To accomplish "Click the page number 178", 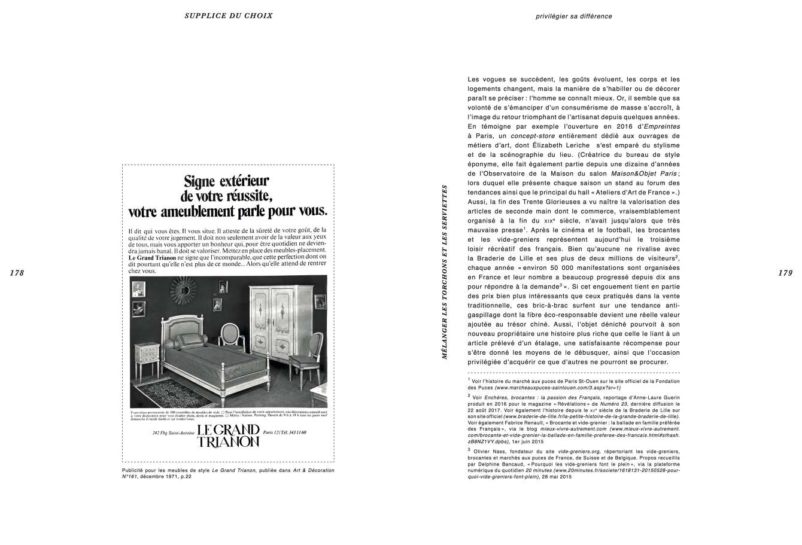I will pos(17,273).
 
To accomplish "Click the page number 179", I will pos(785,273).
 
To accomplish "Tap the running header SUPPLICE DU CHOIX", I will pos(228,16).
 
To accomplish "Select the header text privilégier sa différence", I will pos(574,16).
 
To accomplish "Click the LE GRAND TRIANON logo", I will pos(228,436).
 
